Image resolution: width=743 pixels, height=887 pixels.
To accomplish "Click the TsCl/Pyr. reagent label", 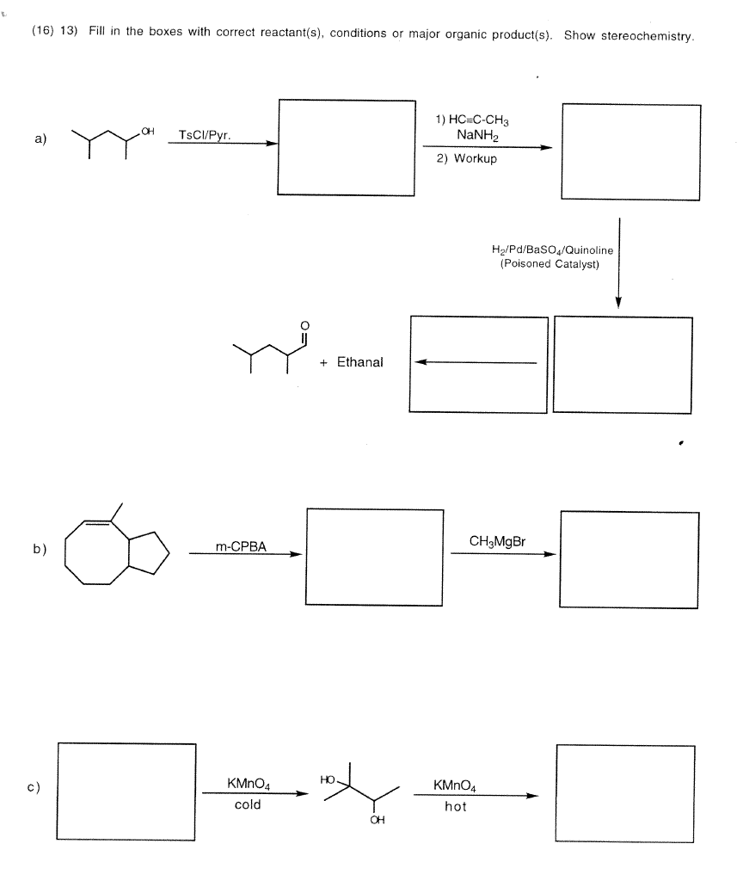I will pos(204,134).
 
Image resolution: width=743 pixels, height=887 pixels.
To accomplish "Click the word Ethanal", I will pos(359,362).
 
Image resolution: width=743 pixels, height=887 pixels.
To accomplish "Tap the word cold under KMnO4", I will pos(248,805).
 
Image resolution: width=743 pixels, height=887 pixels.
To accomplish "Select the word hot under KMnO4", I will pos(456,806).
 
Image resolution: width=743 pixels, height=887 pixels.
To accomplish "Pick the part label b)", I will pos(40,548).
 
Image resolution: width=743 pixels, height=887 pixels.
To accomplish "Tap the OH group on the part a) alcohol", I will pos(149,130).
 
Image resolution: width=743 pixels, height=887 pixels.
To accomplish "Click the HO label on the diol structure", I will pos(326,779).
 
